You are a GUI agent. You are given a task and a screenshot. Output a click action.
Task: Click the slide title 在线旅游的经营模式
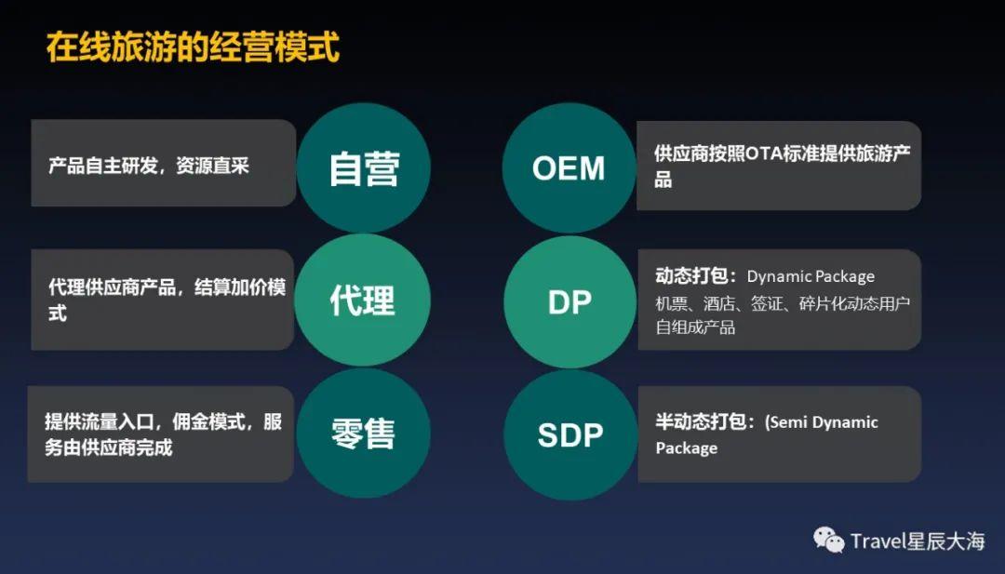[193, 47]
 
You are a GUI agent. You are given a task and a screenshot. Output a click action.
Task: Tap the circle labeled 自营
[364, 168]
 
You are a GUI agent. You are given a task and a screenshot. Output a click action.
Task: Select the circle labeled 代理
[363, 300]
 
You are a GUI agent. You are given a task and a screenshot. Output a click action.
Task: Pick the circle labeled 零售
[364, 434]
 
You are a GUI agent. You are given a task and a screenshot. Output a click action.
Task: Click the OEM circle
[569, 168]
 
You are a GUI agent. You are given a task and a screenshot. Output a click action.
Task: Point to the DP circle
[569, 301]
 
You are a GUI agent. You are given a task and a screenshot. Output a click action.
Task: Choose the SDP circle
[570, 434]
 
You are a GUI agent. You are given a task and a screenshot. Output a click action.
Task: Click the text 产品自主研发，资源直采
[149, 166]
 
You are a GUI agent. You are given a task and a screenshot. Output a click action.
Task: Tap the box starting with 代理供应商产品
[163, 300]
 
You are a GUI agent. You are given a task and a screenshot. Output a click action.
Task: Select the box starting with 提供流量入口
[161, 434]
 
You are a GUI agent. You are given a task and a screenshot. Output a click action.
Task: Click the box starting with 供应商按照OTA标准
[779, 166]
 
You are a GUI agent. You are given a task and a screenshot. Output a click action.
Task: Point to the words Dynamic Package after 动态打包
[811, 276]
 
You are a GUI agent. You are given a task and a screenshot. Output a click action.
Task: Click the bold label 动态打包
[690, 276]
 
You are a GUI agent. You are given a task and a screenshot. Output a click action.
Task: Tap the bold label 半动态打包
[701, 421]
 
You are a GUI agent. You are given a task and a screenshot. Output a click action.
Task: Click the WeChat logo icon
[829, 540]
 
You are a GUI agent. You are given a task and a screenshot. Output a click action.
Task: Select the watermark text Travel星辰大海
[918, 541]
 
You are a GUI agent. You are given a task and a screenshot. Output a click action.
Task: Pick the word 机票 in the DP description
[671, 303]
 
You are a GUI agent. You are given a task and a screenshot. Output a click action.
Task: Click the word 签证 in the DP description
[767, 303]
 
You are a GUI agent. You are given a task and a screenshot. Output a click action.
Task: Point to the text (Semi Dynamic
[822, 422]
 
